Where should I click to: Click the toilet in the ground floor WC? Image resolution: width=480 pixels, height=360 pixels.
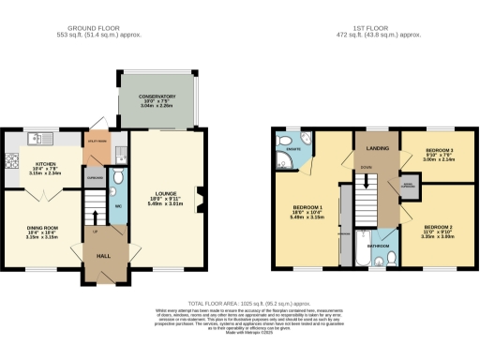(118, 176)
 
